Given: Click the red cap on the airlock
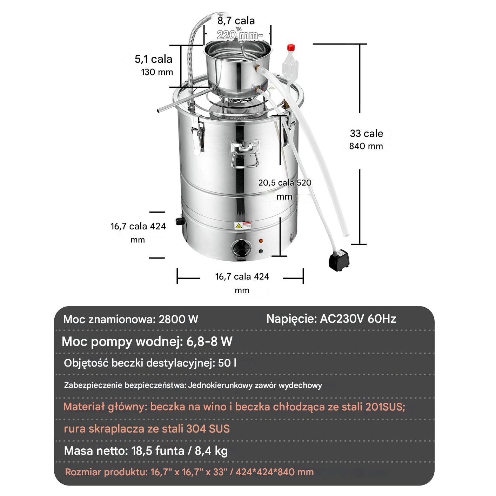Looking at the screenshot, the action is point(291,48).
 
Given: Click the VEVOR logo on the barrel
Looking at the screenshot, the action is point(238,119).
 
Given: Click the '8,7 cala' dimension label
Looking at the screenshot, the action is point(236,21).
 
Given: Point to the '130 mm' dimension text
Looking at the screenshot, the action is point(157,72).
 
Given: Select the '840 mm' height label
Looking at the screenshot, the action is point(366,146).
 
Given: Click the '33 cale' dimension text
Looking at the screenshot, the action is point(366,133).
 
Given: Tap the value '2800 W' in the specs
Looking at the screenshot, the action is point(179,320).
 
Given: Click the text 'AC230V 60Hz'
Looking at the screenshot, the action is point(358,319).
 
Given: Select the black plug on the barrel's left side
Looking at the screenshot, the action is point(180,221).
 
